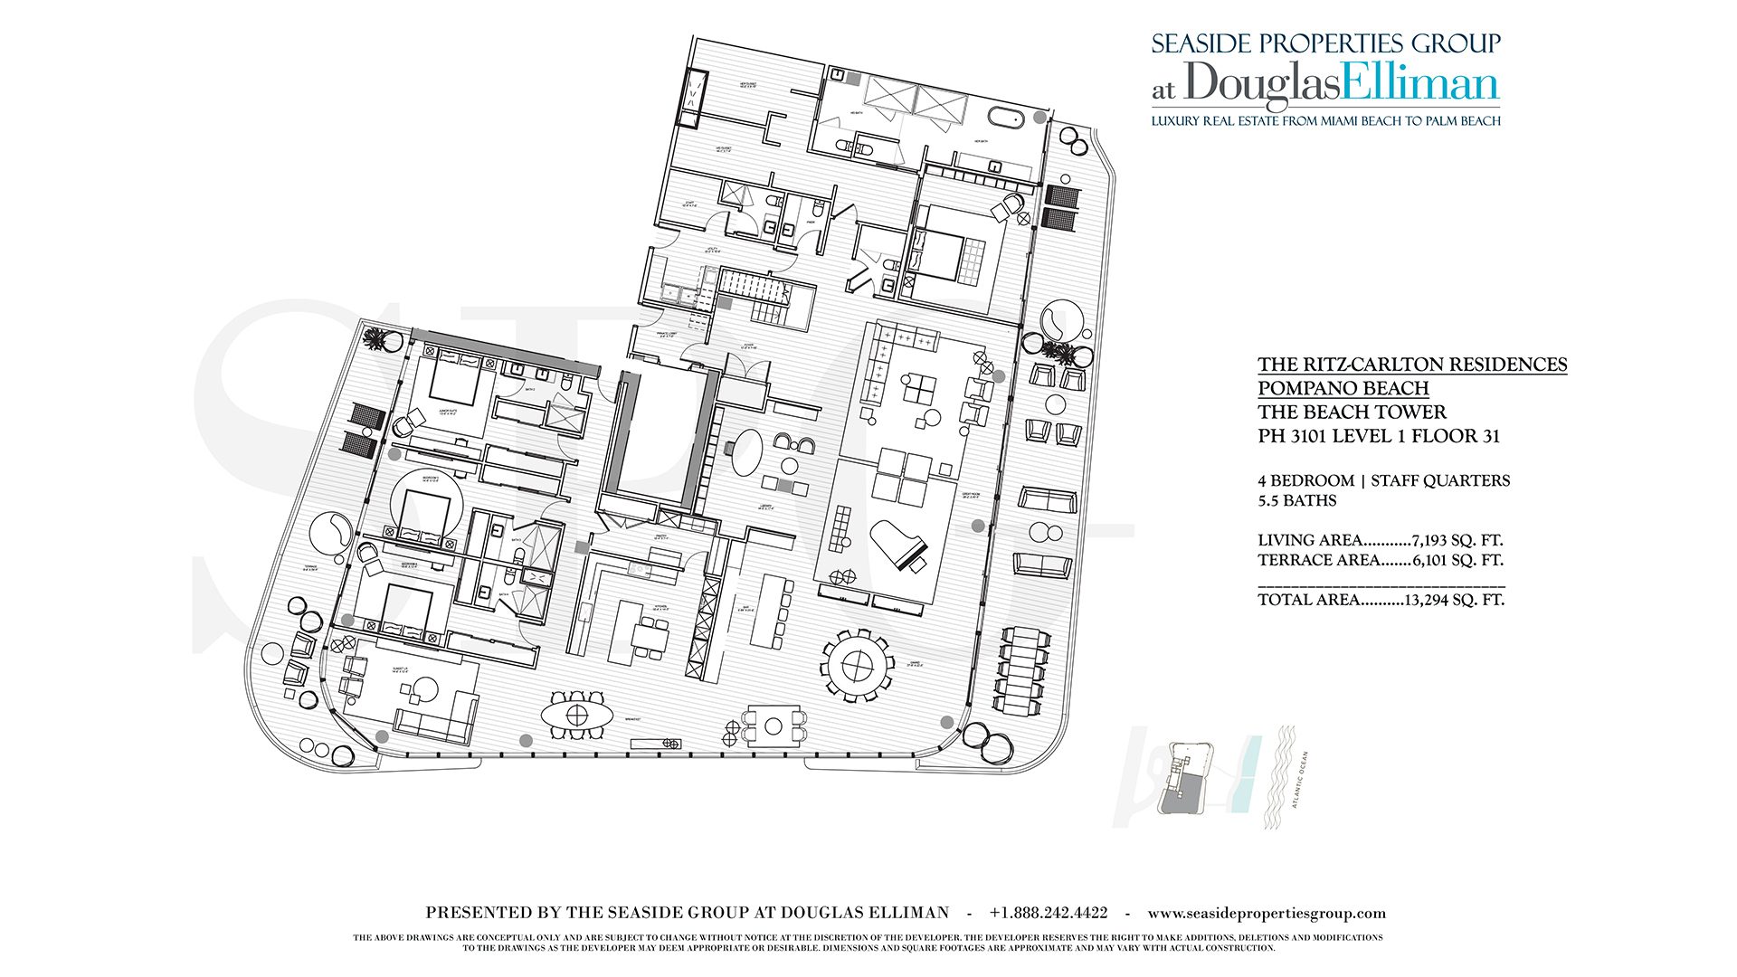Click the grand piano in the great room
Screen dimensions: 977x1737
(898, 545)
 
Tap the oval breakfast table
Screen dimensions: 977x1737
(577, 716)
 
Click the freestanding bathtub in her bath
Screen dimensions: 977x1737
(1005, 118)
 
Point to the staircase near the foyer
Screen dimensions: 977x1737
(753, 286)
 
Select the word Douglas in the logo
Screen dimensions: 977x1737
(1263, 83)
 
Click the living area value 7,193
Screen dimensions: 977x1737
(1432, 540)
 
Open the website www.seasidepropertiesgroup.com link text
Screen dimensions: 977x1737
(1267, 913)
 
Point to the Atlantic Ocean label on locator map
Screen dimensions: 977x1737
(1299, 779)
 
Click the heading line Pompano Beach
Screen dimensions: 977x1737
(1343, 388)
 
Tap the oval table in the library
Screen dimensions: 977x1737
(745, 452)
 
